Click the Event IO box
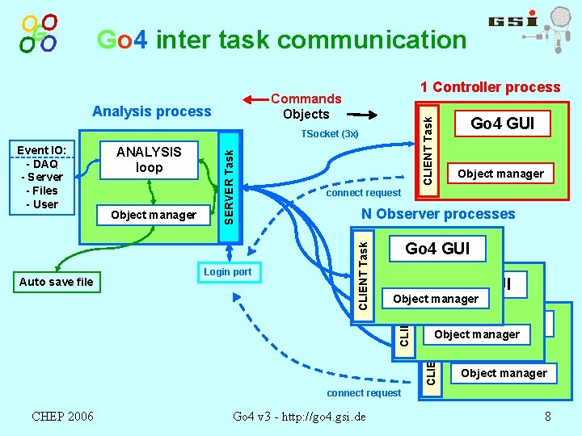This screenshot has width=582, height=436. tap(42, 177)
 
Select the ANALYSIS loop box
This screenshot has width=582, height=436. tap(149, 160)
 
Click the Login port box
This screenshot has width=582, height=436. tap(227, 272)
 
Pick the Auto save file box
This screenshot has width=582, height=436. tap(56, 282)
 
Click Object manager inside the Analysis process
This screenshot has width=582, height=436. tap(154, 215)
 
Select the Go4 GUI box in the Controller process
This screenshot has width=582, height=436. tap(499, 124)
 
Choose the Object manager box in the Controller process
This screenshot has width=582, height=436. tap(500, 174)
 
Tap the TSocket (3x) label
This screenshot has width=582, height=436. tap(329, 133)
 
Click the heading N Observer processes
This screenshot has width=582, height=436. tap(437, 214)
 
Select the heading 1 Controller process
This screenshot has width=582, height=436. tap(490, 87)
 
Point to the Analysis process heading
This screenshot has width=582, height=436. tap(152, 111)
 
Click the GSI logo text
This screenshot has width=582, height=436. tap(513, 22)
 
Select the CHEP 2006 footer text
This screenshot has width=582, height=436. tap(62, 416)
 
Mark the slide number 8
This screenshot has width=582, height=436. tap(547, 417)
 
